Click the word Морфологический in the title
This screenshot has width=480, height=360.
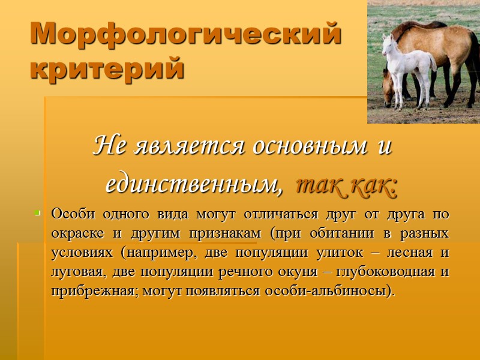pos(185,35)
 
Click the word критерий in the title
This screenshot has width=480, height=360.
pos(107,68)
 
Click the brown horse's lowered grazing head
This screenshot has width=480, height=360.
pos(390,94)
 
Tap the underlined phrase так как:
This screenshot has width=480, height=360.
pos(346,185)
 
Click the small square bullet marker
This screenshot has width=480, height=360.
pos(37,213)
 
